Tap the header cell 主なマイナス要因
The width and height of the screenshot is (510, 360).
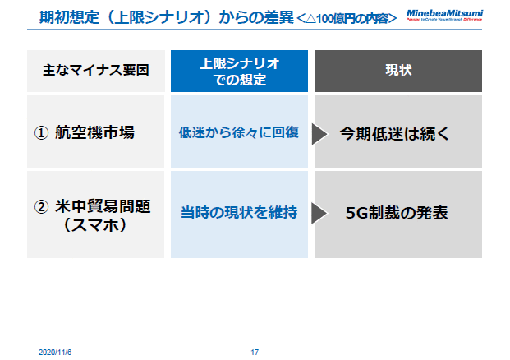(95, 71)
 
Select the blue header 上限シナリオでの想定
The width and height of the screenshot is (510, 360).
(239, 71)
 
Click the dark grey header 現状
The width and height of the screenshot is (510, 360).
(398, 71)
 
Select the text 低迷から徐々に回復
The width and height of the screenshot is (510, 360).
(239, 132)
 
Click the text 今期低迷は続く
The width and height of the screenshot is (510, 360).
(394, 132)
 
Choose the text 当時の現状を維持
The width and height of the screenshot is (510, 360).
(239, 213)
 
